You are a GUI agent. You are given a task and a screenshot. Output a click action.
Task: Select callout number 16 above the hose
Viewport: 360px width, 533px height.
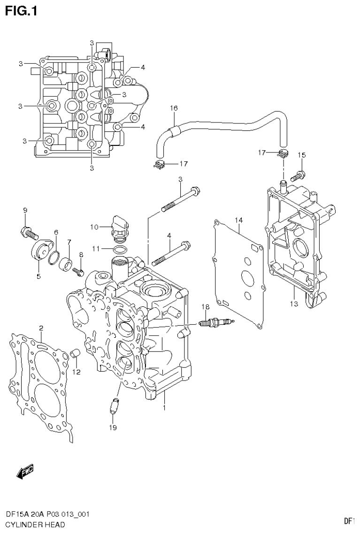(174, 108)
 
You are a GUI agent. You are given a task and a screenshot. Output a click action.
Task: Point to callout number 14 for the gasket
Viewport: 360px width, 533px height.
(238, 220)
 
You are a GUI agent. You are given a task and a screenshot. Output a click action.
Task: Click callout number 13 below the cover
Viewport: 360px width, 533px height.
(294, 304)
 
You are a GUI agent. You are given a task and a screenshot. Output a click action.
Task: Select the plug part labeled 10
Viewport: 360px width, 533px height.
(120, 227)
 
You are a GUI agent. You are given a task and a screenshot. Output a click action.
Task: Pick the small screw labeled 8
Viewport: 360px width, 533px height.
(80, 271)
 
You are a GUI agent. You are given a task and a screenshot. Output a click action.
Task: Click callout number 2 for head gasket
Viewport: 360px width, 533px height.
(41, 327)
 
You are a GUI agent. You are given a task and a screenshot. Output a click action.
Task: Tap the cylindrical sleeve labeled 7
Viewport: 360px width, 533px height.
(65, 261)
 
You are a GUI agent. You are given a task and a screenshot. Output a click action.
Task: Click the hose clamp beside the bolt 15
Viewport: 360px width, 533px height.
(283, 153)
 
